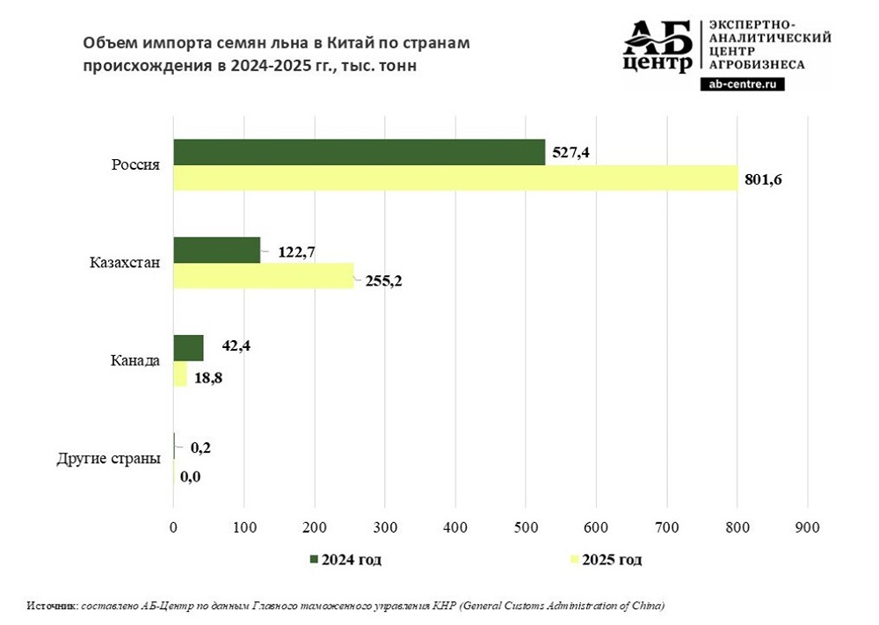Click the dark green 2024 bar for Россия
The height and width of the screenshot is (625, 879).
pyautogui.click(x=359, y=152)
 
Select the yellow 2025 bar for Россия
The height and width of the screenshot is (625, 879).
pyautogui.click(x=455, y=178)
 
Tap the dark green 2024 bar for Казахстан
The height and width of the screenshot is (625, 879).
pyautogui.click(x=216, y=251)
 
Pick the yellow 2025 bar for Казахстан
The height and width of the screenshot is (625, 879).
pyautogui.click(x=263, y=276)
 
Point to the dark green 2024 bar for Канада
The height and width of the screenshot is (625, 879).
pyautogui.click(x=188, y=348)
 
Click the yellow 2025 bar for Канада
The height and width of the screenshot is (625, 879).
pyautogui.click(x=180, y=374)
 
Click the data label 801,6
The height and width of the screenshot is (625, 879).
pyautogui.click(x=763, y=179)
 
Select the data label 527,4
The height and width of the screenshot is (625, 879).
pyautogui.click(x=570, y=152)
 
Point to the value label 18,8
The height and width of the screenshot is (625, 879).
pyautogui.click(x=210, y=380)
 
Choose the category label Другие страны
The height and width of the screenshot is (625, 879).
pyautogui.click(x=108, y=459)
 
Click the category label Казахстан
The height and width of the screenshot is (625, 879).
pyautogui.click(x=125, y=263)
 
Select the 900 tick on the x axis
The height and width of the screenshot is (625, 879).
pyautogui.click(x=807, y=527)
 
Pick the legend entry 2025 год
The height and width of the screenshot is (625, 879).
pyautogui.click(x=613, y=560)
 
